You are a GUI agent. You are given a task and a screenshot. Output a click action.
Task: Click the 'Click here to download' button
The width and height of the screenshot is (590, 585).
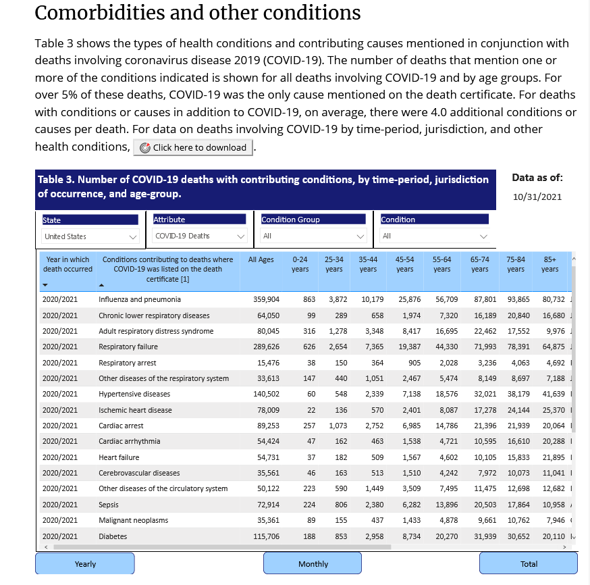[x=193, y=147]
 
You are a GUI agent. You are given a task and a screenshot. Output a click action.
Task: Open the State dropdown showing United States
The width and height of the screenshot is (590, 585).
[x=90, y=236]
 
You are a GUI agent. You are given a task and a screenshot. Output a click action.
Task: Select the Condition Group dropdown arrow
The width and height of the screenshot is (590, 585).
[x=360, y=236]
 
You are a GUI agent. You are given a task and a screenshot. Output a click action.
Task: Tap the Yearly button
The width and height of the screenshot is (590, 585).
[x=85, y=563]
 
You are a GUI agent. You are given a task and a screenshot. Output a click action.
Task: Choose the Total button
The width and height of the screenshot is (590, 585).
[x=529, y=563]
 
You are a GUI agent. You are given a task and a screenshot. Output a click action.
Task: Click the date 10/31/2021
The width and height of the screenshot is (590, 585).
[x=537, y=197]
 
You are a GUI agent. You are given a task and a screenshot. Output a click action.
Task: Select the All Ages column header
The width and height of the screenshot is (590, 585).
[x=261, y=260]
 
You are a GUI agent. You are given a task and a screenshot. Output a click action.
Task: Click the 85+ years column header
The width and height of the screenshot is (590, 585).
[x=549, y=264]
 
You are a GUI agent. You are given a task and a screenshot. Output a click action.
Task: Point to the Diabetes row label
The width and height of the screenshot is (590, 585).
[x=113, y=536]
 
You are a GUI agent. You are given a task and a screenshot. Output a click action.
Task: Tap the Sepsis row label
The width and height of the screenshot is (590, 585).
[x=109, y=505]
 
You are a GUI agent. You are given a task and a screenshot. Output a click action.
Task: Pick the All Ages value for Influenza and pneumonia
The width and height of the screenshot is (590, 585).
[x=267, y=300]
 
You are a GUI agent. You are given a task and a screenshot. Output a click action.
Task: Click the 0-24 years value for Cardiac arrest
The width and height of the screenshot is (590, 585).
[x=309, y=426]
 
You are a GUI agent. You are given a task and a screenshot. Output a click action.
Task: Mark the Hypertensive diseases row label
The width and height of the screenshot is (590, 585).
[x=134, y=394]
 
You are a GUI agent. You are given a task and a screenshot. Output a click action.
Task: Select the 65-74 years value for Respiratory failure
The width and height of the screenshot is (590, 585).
[x=485, y=347]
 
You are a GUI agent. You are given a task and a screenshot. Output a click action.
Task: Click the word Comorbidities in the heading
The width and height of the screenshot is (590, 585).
[x=100, y=13]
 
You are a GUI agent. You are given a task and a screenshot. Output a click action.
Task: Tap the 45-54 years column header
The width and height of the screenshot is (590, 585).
[x=404, y=264]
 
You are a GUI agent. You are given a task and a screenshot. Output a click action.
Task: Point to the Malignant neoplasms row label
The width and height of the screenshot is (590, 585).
[x=133, y=520]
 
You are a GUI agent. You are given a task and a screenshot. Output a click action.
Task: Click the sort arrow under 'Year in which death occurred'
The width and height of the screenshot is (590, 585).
[x=45, y=285]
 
